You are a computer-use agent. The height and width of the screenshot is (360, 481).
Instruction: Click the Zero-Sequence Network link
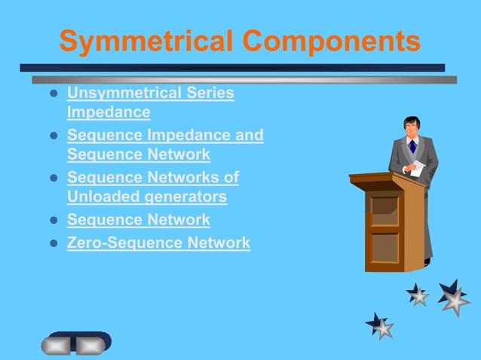point(158,243)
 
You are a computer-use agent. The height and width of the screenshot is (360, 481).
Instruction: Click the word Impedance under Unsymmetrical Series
point(109,112)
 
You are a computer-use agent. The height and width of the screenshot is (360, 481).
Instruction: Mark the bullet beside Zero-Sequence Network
point(53,243)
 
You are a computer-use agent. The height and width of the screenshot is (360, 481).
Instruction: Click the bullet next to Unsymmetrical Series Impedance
point(53,94)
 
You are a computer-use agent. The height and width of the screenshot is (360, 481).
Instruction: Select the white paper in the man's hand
point(417,169)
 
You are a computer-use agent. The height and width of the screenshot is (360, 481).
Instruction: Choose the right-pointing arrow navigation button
point(91,345)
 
